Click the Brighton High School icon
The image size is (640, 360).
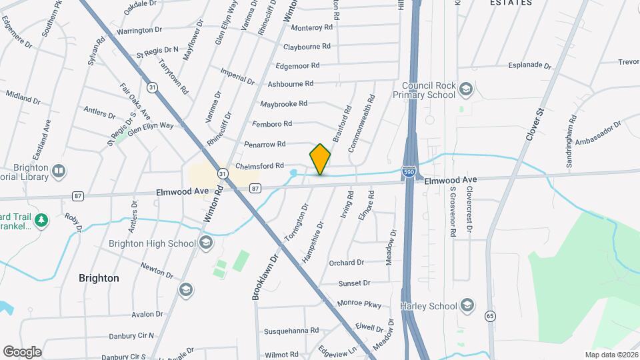pos(206,243)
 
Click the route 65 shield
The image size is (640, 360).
pos(491,315)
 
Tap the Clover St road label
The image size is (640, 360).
pos(535,124)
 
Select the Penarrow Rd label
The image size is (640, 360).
pos(265,144)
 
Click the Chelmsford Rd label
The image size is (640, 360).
pos(260,165)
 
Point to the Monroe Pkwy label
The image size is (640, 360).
pos(359,303)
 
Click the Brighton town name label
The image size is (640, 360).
pos(99,278)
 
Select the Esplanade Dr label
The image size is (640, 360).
pos(529,66)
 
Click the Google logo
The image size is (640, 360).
pos(22,351)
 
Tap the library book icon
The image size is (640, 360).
pos(59,172)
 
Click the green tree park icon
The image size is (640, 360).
pos(41,219)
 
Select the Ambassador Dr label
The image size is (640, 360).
pos(598,131)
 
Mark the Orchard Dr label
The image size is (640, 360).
pos(347,263)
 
